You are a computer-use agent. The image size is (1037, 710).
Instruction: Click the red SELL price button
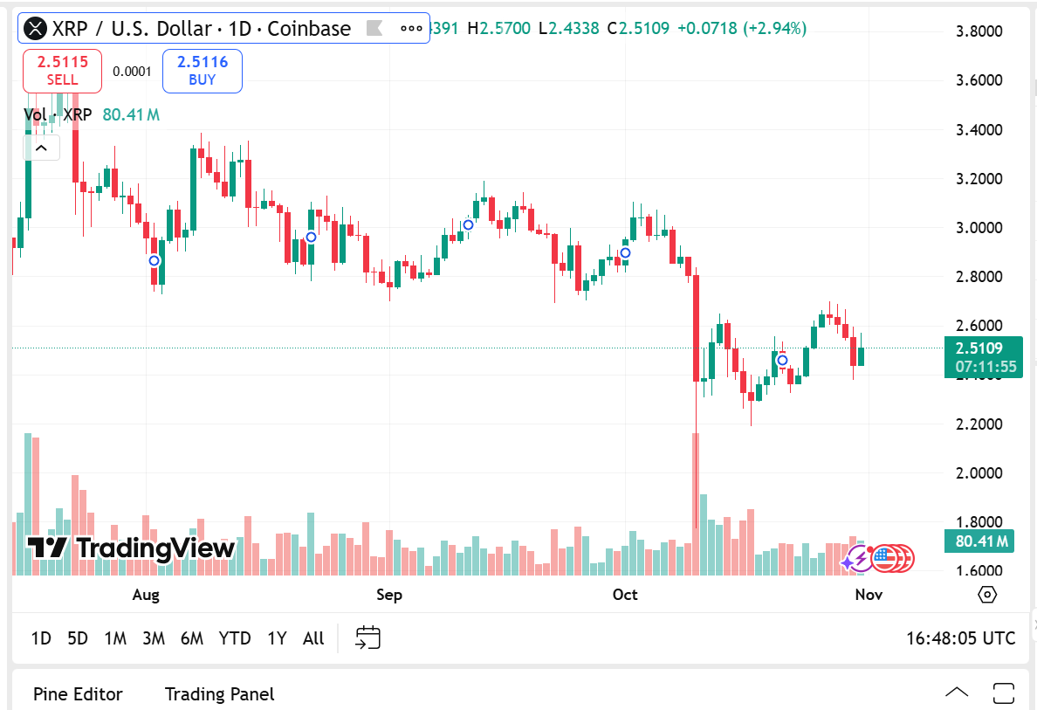(x=62, y=71)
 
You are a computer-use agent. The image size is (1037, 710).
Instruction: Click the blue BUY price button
(x=202, y=71)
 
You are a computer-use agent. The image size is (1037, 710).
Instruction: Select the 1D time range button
(x=41, y=638)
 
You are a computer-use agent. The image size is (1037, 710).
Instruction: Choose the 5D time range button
(x=78, y=638)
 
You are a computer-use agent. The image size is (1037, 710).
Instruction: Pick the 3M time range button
(x=154, y=638)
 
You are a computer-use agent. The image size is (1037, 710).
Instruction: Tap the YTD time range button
(x=235, y=638)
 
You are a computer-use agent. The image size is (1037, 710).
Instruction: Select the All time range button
(x=313, y=638)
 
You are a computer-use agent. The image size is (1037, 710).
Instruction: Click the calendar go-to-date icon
(x=367, y=638)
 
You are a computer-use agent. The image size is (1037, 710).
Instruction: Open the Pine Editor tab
(x=78, y=694)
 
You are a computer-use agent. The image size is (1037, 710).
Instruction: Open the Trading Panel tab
(x=219, y=694)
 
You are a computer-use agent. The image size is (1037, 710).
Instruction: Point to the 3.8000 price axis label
(x=979, y=31)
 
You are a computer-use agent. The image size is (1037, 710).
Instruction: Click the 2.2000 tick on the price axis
(x=979, y=424)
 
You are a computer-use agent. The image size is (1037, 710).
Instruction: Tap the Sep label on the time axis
(x=389, y=595)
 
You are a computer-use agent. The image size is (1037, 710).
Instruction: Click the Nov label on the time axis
(x=869, y=595)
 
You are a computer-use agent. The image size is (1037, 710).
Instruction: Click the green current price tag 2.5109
(x=983, y=348)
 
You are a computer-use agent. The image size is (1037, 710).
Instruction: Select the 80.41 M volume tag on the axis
(x=982, y=541)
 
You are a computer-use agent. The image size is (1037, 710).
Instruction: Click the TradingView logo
(x=131, y=548)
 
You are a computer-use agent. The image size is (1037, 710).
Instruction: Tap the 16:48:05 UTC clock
(x=960, y=638)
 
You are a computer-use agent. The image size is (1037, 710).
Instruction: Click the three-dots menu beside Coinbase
(x=411, y=28)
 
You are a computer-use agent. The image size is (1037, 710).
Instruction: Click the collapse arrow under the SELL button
(x=41, y=148)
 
